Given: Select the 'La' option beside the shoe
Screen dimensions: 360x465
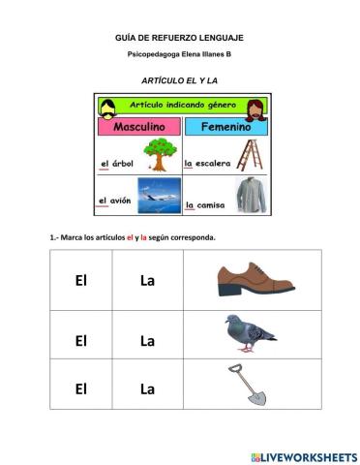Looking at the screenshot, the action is [x=147, y=281].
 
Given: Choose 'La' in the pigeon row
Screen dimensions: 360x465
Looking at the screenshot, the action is [x=147, y=340].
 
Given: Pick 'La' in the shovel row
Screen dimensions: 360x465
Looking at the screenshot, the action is [x=147, y=388].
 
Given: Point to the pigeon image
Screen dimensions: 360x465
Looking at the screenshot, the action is [x=251, y=334].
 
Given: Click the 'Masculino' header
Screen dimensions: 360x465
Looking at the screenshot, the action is [x=139, y=127].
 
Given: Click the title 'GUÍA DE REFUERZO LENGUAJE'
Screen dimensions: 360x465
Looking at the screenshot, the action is [x=179, y=36].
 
